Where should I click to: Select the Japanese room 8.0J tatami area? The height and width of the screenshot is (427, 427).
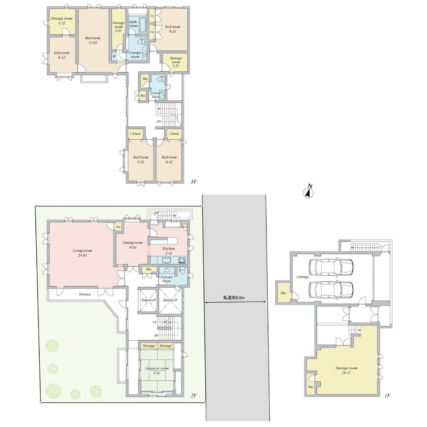(157, 370)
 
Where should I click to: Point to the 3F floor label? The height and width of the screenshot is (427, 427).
(193, 182)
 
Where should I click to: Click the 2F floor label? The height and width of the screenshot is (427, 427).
(193, 395)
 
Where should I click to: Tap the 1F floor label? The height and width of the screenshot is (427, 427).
(387, 395)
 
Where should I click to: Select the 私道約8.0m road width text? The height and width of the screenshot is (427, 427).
(234, 298)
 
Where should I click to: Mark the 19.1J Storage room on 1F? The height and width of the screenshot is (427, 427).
(346, 370)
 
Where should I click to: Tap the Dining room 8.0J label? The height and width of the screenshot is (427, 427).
(133, 245)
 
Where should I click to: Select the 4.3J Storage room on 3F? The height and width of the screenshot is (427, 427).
(61, 21)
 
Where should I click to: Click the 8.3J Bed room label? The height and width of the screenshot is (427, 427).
(173, 29)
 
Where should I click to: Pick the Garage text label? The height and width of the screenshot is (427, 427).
(302, 277)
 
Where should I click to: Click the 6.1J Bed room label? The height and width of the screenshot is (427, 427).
(61, 56)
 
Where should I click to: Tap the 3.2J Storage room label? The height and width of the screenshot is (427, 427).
(176, 62)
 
